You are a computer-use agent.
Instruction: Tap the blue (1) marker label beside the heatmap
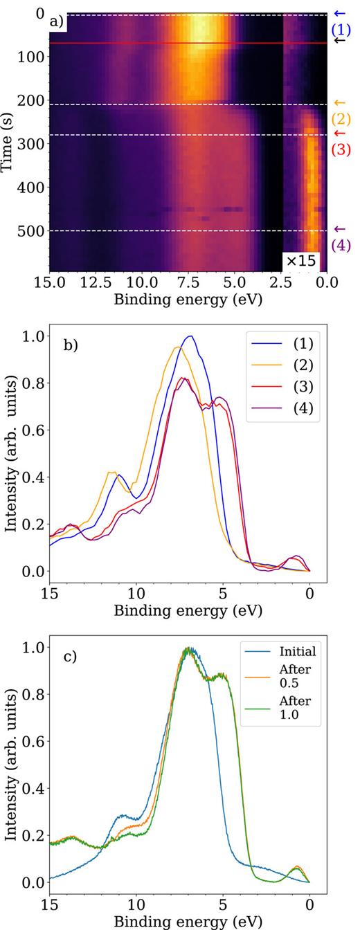(x=340, y=30)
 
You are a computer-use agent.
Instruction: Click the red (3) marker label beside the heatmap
(x=340, y=149)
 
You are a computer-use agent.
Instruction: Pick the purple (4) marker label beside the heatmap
(x=340, y=244)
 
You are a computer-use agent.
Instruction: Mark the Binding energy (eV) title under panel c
(x=179, y=921)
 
